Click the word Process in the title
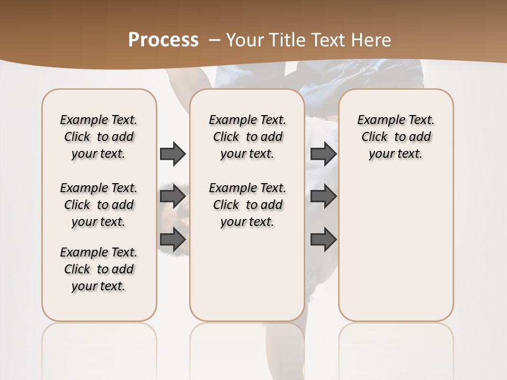pos(163,40)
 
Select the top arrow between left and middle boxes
pos(173,154)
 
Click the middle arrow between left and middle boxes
pos(173,196)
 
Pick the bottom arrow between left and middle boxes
pos(173,240)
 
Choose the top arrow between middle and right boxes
pos(323,154)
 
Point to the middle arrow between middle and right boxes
pos(323,196)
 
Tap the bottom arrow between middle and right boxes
pos(323,240)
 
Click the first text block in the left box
pos(99,137)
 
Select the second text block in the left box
pos(99,205)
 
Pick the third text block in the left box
pos(99,269)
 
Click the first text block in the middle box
pos(247,137)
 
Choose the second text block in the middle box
pos(247,205)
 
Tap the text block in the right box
pos(396,137)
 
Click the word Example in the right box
pos(379,120)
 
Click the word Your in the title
pos(246,40)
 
